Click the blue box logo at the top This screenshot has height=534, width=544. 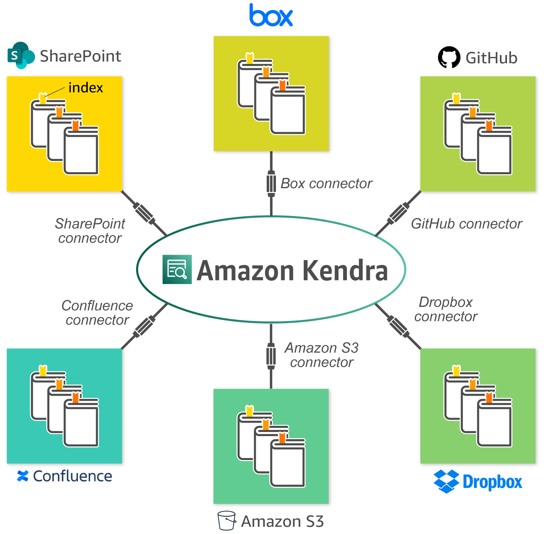coord(271,15)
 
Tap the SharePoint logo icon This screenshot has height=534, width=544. coord(21,55)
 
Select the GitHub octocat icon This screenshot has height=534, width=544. coord(449,57)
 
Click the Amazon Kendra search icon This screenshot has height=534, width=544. coord(177,269)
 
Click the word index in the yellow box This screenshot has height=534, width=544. coord(86,88)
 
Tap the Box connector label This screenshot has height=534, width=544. coord(326,183)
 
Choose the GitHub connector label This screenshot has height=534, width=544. coord(467,224)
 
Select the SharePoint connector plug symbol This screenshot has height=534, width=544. coord(144,214)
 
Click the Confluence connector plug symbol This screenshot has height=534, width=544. coord(144,326)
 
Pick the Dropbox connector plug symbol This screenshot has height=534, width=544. coord(398,326)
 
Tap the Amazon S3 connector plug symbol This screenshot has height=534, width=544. coord(271,356)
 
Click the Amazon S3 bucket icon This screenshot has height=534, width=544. coord(227,521)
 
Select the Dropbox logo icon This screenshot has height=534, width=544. coord(446,481)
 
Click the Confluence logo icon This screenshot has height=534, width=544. coord(23,476)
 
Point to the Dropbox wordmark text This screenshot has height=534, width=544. coord(492,482)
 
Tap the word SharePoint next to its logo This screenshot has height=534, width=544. coord(81,56)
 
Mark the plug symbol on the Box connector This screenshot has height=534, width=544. coord(271,183)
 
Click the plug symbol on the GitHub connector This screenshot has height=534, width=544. coord(398,214)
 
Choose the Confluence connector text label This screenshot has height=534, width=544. coord(97,313)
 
